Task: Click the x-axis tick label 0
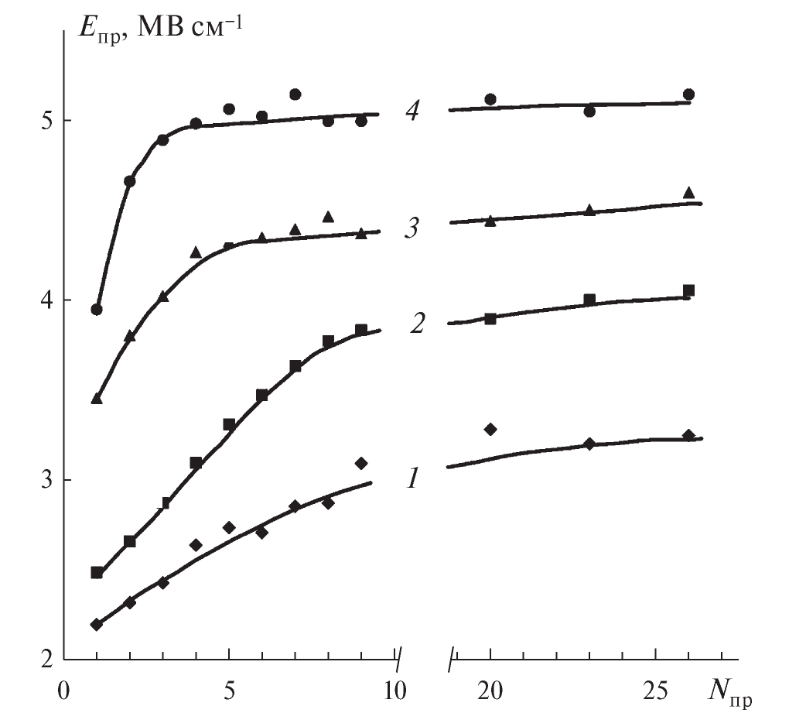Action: [64, 689]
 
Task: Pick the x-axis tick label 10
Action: [394, 689]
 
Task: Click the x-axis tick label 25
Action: [655, 689]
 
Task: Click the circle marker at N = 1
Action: [97, 310]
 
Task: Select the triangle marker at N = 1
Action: [97, 399]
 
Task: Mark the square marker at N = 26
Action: [688, 290]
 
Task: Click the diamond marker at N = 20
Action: [490, 429]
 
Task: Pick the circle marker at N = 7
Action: [295, 94]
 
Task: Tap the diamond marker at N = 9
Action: [360, 463]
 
